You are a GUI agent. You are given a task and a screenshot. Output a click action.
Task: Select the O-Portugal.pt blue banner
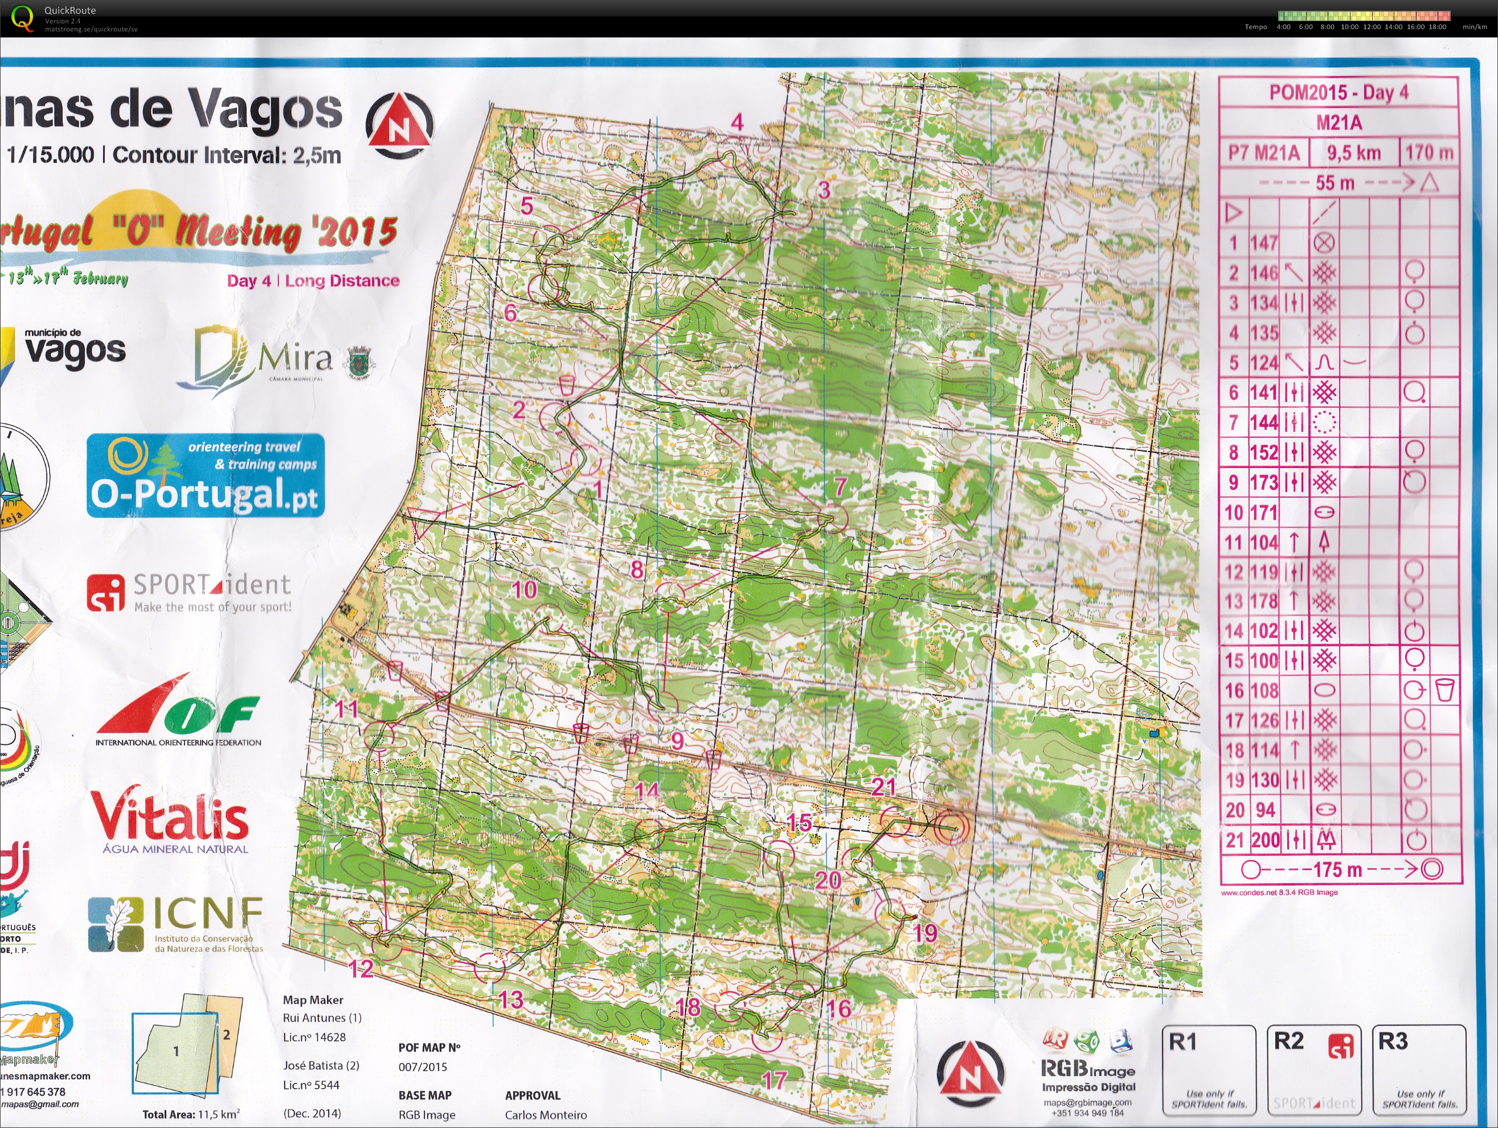pos(205,475)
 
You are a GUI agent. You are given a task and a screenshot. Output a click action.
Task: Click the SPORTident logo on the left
pos(190,592)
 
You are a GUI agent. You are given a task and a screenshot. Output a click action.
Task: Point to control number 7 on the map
pos(840,486)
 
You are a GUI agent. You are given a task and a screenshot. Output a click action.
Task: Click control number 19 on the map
pos(924,934)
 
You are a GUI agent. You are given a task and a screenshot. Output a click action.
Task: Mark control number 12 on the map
pos(361,968)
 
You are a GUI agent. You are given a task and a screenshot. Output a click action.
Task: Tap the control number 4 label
pos(737,122)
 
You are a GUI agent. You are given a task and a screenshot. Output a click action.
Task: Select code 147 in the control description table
pos(1264,243)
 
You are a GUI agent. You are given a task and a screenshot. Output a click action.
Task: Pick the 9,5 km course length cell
pos(1353,153)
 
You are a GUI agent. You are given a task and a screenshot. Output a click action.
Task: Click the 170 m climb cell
pos(1429,153)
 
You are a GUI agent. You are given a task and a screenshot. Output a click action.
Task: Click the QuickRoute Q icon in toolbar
pos(22,18)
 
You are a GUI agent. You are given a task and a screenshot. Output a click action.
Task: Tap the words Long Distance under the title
pos(342,280)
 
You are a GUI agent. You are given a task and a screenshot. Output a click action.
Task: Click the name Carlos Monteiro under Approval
pos(545,1114)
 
